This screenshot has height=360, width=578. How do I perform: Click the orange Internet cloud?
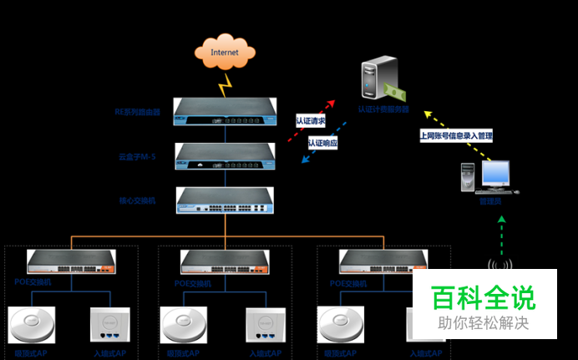coord(225,53)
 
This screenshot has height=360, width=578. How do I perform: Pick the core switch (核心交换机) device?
coord(225,200)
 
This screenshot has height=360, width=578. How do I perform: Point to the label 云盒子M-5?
coord(137,156)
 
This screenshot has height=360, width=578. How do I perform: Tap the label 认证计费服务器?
coord(383,109)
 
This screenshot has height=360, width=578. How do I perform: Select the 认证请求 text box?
coord(310,120)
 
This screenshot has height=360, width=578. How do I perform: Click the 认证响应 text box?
coord(322,143)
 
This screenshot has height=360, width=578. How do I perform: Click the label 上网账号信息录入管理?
coord(456,135)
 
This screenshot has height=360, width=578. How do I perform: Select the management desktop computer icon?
coord(489,178)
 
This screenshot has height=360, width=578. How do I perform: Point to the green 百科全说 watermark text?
coord(483,298)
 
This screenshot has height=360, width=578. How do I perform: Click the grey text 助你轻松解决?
coord(483,322)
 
